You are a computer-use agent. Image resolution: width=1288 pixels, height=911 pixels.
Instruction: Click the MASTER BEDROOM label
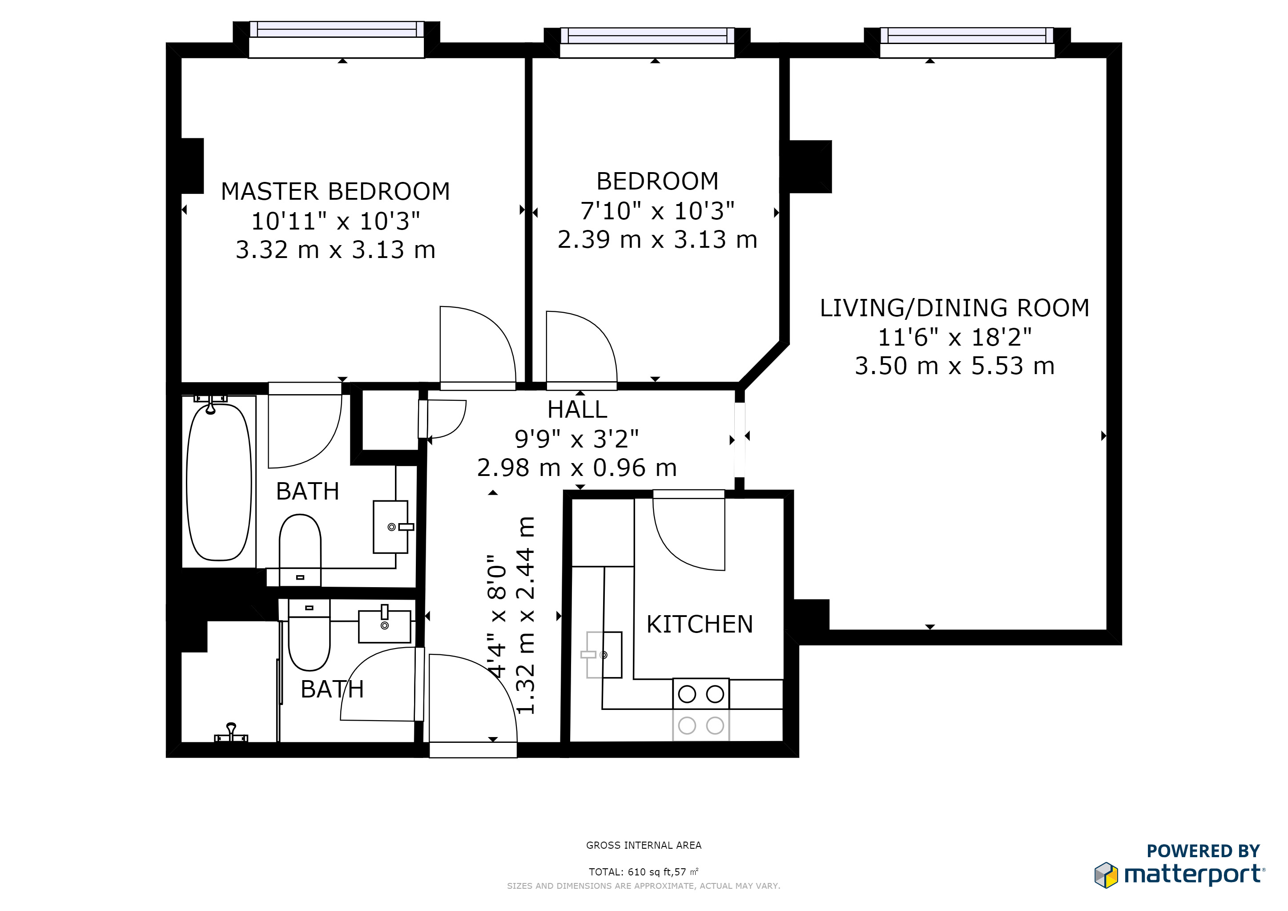click(335, 191)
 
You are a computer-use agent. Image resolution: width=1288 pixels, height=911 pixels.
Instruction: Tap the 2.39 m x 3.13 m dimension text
click(657, 239)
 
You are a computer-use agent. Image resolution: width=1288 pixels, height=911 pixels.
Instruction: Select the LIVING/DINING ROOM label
click(955, 308)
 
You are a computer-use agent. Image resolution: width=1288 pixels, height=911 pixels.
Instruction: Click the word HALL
click(577, 410)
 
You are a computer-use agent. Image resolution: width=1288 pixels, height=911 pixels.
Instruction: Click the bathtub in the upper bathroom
click(219, 481)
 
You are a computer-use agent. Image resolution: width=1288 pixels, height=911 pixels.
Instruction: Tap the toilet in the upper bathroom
click(300, 550)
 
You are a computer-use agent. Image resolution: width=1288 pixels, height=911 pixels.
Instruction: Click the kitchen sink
click(604, 655)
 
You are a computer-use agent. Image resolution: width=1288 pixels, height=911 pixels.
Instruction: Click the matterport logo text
click(1194, 875)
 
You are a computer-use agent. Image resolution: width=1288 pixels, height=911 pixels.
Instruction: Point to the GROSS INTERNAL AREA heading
click(644, 845)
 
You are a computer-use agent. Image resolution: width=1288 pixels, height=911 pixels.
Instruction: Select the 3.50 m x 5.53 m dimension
click(955, 366)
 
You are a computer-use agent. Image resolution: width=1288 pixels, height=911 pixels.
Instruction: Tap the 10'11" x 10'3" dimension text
click(335, 221)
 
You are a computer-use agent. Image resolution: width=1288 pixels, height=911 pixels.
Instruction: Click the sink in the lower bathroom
click(385, 625)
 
